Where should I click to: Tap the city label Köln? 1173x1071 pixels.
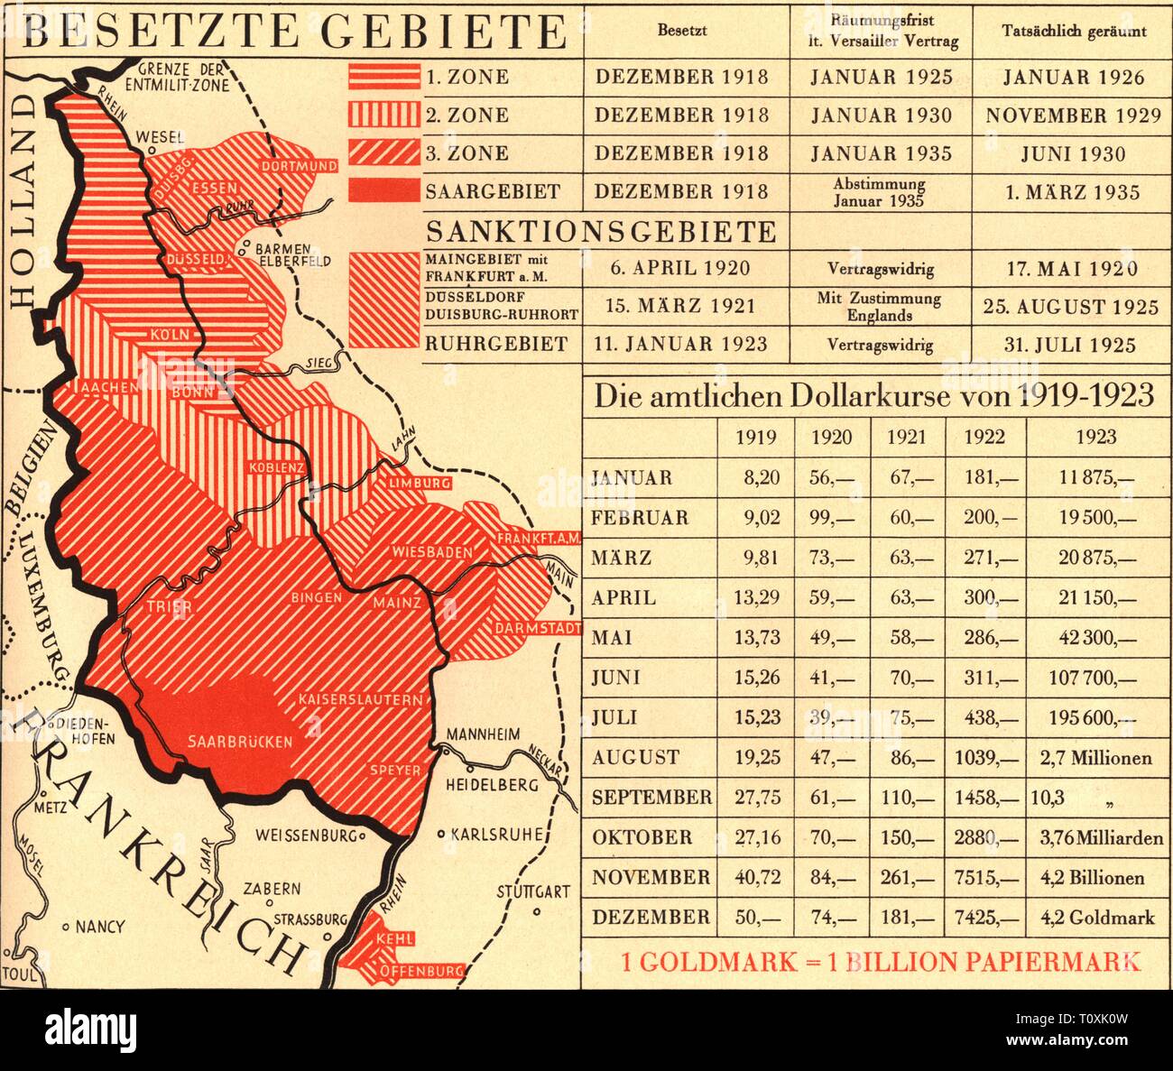[x=171, y=335]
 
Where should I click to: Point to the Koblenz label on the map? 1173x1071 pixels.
[x=277, y=467]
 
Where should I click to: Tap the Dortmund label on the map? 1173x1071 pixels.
[x=300, y=166]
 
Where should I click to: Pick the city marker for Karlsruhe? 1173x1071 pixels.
[x=441, y=835]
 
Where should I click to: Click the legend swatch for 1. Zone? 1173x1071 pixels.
[x=383, y=77]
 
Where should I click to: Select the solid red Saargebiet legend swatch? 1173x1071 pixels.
[x=383, y=191]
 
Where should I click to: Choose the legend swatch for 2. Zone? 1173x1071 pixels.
[x=383, y=115]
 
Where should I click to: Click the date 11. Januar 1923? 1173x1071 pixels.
[x=680, y=345]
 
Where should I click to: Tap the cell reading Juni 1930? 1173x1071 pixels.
[x=1072, y=154]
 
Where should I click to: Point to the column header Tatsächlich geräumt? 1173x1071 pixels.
[x=1074, y=31]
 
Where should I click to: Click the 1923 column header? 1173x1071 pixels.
[x=1095, y=438]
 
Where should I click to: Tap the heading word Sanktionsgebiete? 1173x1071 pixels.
[x=601, y=232]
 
